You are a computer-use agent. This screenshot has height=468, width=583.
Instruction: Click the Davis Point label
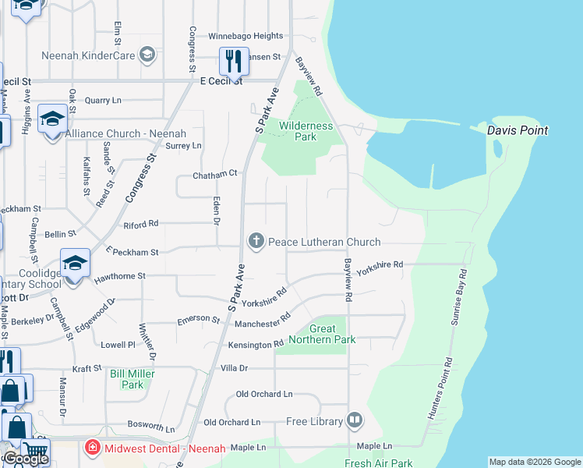(x=518, y=131)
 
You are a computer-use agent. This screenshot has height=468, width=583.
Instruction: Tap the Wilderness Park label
(x=306, y=131)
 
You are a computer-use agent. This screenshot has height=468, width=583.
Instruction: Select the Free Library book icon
(x=355, y=421)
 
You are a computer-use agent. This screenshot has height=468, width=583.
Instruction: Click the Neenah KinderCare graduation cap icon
(x=147, y=55)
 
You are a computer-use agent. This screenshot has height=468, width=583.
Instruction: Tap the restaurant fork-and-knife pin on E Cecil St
(x=233, y=60)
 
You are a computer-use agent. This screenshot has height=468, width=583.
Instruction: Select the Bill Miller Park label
(x=132, y=379)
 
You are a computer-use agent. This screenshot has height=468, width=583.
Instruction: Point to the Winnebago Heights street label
(x=246, y=36)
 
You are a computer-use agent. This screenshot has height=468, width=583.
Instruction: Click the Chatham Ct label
(x=214, y=175)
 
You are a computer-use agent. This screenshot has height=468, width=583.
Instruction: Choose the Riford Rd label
(x=141, y=224)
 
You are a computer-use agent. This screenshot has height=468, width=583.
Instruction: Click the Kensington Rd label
(x=255, y=345)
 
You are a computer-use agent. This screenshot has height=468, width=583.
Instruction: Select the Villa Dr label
(x=234, y=368)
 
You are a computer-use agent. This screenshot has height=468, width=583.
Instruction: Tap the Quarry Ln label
(x=103, y=101)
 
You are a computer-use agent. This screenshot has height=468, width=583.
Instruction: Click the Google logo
(x=26, y=459)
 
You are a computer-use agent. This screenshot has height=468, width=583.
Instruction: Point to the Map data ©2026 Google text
(x=534, y=462)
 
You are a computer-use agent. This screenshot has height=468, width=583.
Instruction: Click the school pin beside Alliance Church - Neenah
(x=52, y=119)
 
